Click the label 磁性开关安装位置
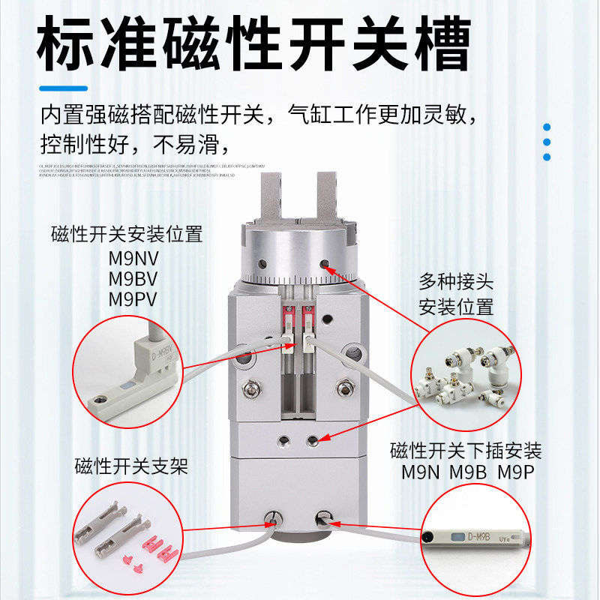click(127, 235)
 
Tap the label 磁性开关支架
click(130, 467)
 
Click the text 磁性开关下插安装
click(466, 451)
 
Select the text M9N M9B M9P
click(466, 473)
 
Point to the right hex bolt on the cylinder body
click(346, 388)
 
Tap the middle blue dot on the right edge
click(547, 142)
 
